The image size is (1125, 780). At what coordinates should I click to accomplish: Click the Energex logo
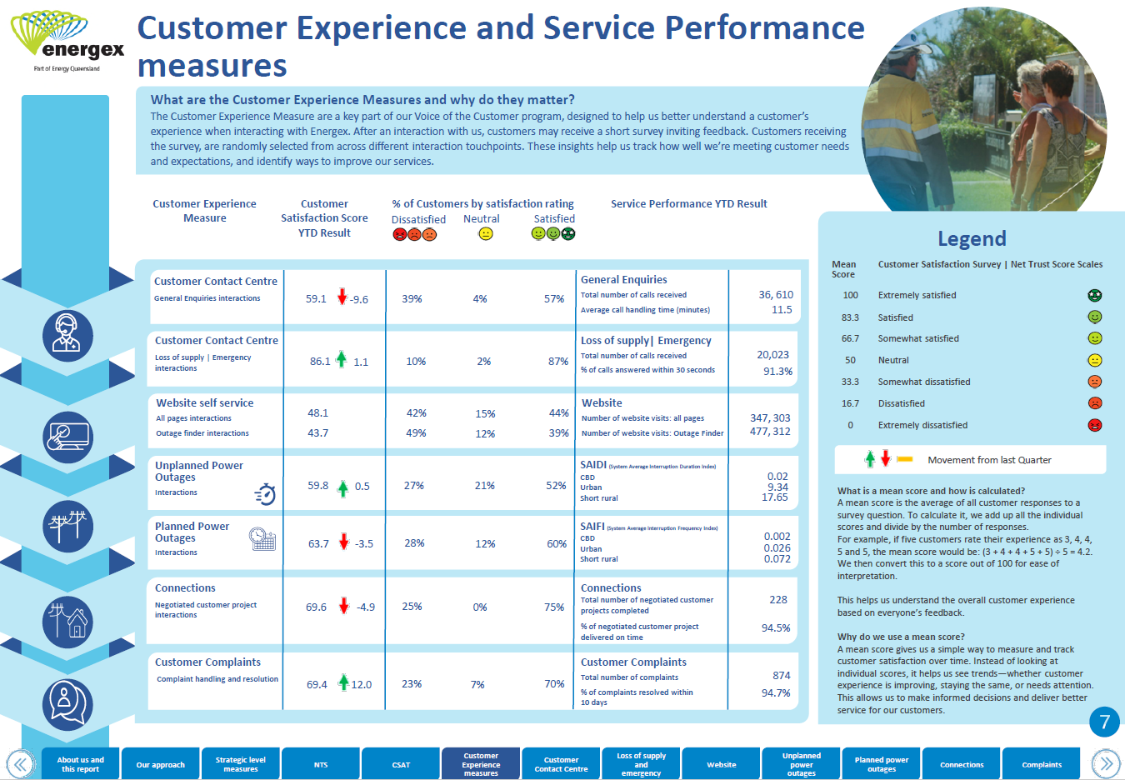67,42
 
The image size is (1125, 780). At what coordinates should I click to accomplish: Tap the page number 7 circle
1104,722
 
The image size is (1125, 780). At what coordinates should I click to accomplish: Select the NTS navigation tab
321,764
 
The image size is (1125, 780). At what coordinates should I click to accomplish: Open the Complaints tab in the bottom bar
1042,764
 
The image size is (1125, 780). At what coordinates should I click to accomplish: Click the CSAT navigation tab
401,764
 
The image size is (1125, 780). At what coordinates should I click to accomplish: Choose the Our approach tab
161,764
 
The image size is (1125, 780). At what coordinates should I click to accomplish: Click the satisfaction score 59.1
316,299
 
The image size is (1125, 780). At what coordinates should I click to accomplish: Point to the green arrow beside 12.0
343,682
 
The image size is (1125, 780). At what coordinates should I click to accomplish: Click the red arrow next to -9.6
342,296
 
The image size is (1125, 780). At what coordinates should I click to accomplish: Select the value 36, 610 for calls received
775,295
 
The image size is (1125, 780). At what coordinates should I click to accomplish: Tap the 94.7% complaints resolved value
775,692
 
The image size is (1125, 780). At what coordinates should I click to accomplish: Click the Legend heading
972,239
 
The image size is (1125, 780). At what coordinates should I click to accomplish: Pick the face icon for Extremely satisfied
1095,296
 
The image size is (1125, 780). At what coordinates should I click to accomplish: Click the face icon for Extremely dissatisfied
1095,425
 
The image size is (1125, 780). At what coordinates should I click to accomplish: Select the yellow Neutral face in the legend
1095,360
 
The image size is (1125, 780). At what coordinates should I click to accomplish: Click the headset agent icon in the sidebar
67,336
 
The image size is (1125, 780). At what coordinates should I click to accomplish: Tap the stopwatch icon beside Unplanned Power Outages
265,494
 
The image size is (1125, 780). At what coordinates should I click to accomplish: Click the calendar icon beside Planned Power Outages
262,539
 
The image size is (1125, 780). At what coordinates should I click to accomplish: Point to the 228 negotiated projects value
778,600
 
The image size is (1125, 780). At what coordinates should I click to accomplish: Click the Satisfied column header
554,219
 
